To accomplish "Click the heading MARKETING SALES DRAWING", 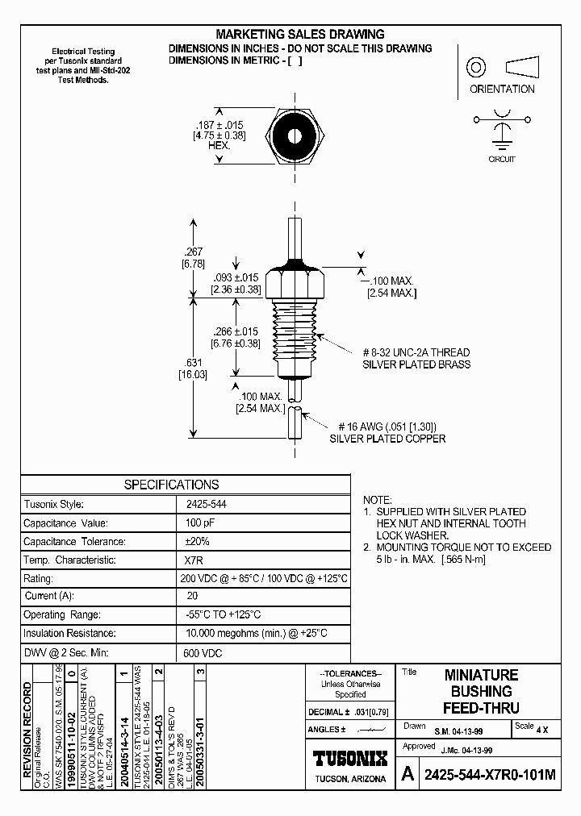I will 299,35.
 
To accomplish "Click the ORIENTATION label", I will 502,90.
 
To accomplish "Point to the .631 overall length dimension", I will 190,368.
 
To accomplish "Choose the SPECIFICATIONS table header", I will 171,485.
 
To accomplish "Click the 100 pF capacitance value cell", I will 196,523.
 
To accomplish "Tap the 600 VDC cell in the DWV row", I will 203,653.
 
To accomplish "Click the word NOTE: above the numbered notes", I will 378,500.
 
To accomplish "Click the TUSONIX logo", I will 349,758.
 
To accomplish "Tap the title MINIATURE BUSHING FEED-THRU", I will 482,691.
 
